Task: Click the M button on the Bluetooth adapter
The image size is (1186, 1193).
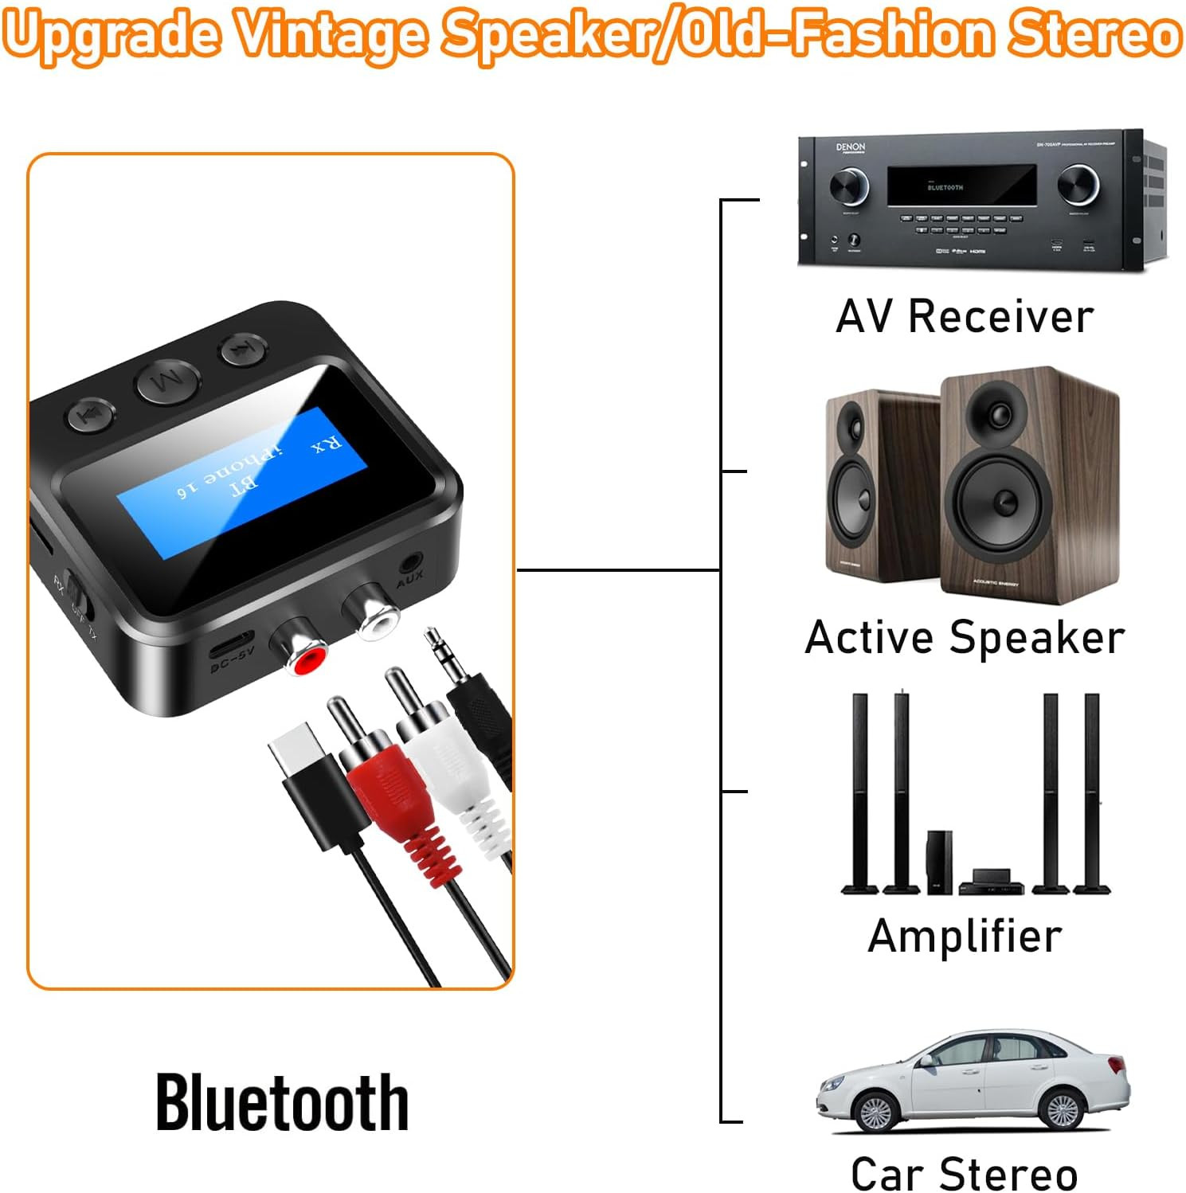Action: [x=169, y=383]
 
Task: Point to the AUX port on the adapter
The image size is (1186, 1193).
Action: [x=410, y=562]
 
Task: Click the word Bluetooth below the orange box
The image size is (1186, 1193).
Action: [x=282, y=1103]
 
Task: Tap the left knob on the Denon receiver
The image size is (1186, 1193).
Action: [x=848, y=188]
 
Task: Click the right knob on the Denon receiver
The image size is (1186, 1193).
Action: [x=1078, y=186]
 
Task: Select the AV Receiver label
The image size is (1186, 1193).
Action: [x=965, y=316]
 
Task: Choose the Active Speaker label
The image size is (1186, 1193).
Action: [x=965, y=637]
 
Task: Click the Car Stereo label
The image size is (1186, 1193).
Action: [x=965, y=1173]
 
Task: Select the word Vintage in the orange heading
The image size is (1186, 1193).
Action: [x=331, y=35]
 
